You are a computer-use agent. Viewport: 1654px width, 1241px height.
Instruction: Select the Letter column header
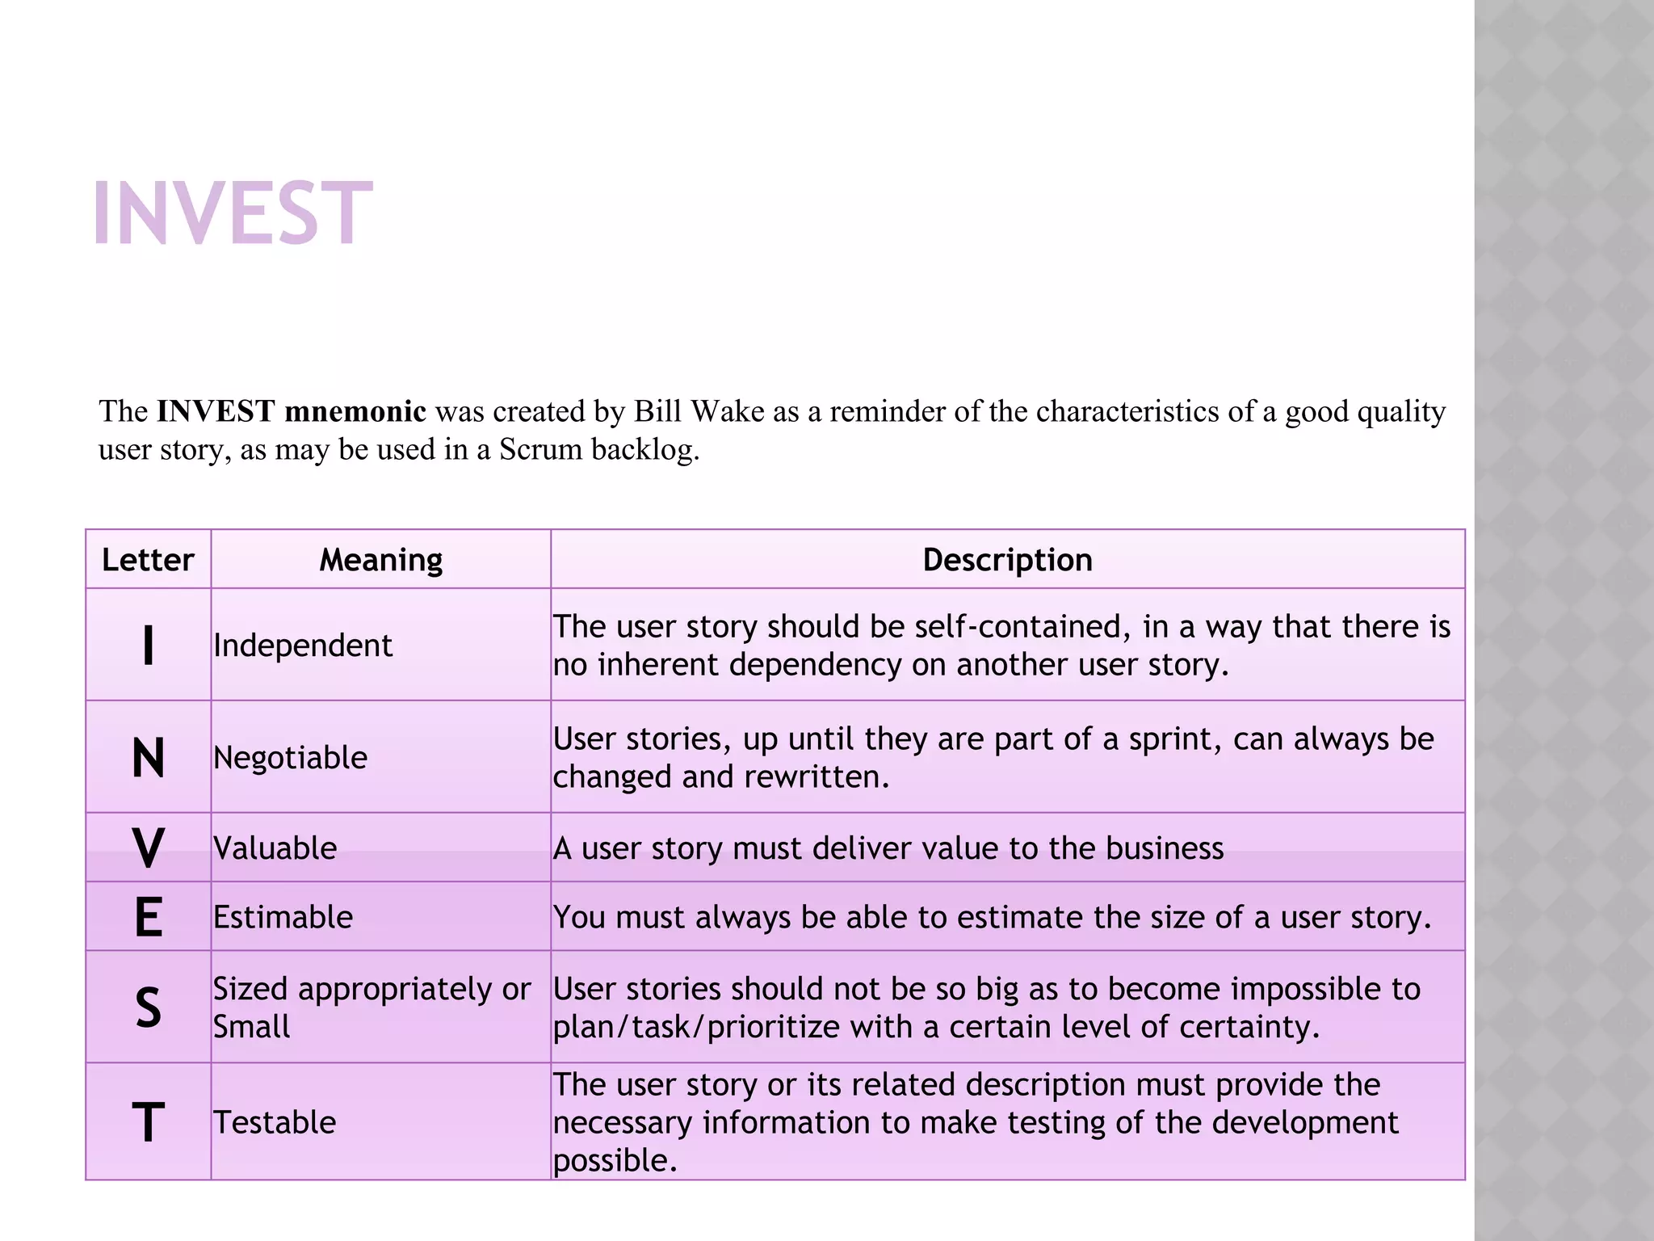click(x=148, y=560)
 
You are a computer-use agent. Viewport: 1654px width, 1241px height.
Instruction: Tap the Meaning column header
click(x=380, y=560)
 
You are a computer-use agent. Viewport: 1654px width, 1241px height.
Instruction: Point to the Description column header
click(x=1007, y=560)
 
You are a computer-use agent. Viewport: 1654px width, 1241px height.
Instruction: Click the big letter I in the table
click(x=148, y=646)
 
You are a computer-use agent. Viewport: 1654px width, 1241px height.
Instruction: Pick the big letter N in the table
click(x=148, y=759)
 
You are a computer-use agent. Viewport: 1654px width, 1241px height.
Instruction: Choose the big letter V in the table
click(x=148, y=848)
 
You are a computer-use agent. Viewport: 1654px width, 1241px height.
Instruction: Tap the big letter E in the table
click(x=148, y=918)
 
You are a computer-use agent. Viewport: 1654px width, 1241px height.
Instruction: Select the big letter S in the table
click(x=148, y=1008)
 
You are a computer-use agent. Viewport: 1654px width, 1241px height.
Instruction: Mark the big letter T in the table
click(x=148, y=1123)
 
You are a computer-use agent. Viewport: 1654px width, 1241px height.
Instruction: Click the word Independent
click(x=303, y=646)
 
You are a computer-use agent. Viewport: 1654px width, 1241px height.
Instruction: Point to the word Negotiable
click(x=290, y=758)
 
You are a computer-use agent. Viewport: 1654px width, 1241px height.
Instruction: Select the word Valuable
click(x=275, y=848)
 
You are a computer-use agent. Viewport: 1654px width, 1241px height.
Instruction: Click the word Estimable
click(x=283, y=918)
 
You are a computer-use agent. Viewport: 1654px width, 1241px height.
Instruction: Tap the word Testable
click(x=275, y=1123)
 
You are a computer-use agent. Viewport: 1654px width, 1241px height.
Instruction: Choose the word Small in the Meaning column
click(x=251, y=1027)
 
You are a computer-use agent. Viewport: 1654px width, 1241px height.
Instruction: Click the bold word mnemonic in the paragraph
click(x=355, y=411)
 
